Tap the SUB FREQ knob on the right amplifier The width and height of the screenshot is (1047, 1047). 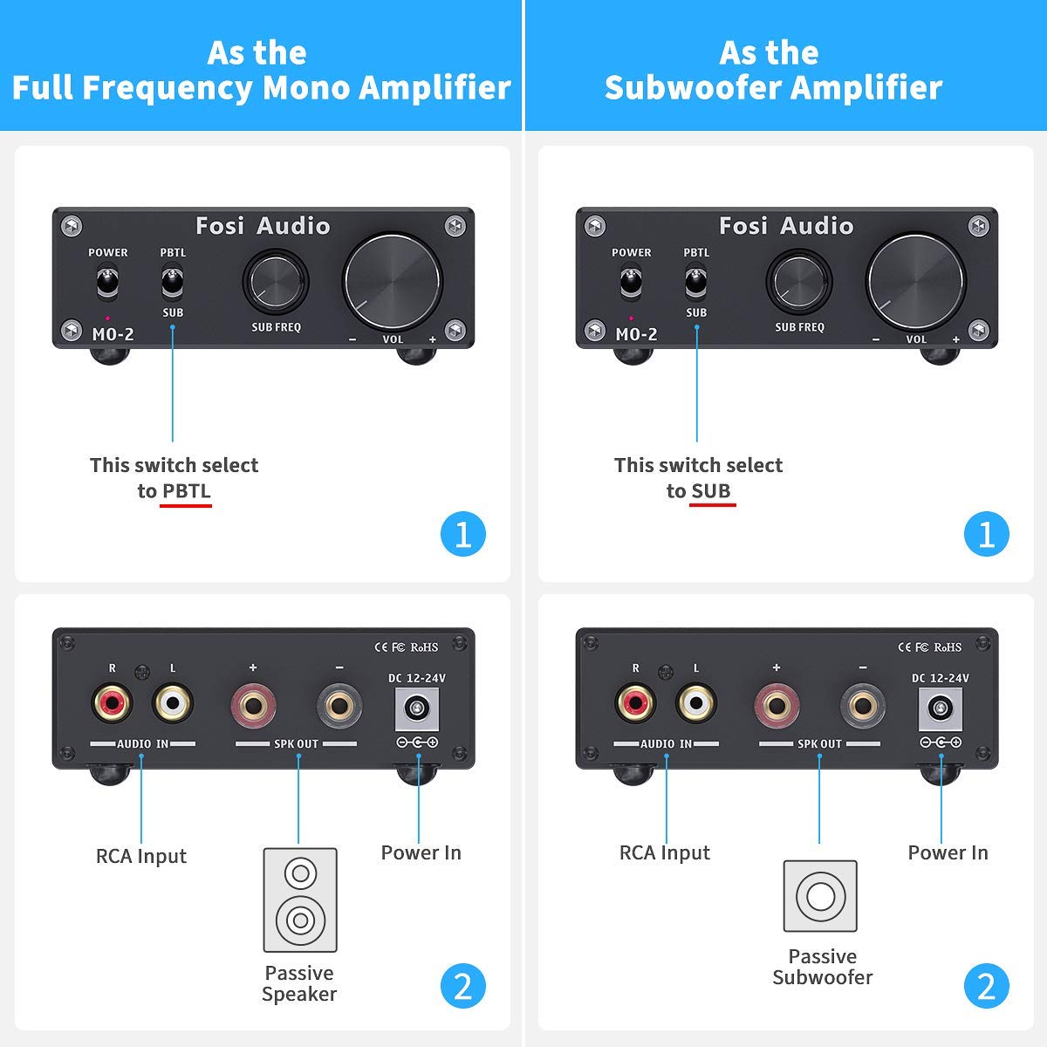[798, 282]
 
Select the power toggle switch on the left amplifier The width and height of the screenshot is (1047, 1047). [107, 283]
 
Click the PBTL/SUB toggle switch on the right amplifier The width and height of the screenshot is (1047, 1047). [696, 282]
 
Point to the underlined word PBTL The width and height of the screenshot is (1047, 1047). [186, 490]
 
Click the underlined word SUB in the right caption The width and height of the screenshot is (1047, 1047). [711, 490]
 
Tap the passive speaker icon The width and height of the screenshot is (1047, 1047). [299, 900]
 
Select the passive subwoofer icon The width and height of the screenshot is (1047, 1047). [820, 896]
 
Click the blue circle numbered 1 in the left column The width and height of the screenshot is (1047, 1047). [462, 534]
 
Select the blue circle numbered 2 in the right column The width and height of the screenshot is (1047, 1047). [986, 987]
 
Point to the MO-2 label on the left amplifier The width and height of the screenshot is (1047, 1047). [113, 333]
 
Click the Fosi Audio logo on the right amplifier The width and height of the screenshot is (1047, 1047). [785, 226]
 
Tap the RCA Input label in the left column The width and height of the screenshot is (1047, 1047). [141, 856]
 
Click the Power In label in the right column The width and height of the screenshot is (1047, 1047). [948, 852]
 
